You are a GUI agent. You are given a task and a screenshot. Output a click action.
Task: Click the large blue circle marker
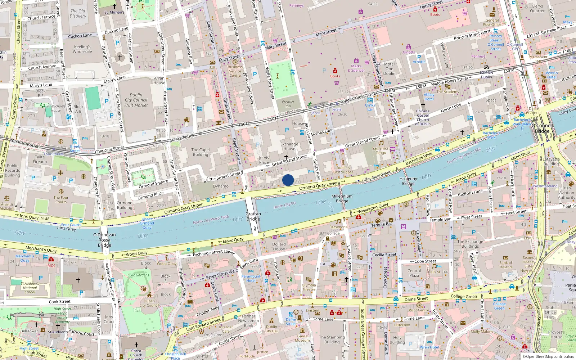(288, 180)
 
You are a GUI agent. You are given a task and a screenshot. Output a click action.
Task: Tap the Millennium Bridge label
(342, 199)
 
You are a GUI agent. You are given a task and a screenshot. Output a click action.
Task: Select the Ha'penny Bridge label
(408, 181)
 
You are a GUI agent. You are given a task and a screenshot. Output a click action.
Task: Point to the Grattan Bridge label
(253, 216)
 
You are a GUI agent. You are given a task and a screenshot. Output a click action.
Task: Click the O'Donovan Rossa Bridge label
(104, 240)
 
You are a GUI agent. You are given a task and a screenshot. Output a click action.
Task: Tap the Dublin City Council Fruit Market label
(136, 100)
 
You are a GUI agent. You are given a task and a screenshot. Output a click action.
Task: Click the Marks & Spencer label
(356, 68)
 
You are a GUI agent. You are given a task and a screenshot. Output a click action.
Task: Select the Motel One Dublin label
(389, 69)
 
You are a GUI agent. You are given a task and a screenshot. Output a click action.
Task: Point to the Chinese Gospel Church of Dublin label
(423, 117)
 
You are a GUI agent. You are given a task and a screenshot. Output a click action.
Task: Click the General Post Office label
(492, 23)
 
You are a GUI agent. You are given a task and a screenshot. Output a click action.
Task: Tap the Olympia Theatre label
(309, 287)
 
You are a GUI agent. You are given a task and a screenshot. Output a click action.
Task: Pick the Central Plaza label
(414, 273)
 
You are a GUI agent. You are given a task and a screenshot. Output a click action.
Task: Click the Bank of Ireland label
(505, 265)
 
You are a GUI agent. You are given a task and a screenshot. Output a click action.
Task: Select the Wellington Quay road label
(373, 208)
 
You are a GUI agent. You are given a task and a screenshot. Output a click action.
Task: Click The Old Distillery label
(78, 14)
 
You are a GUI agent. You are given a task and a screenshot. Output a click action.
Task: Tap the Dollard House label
(279, 247)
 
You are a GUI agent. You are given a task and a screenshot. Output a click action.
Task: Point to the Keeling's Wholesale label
(82, 49)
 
